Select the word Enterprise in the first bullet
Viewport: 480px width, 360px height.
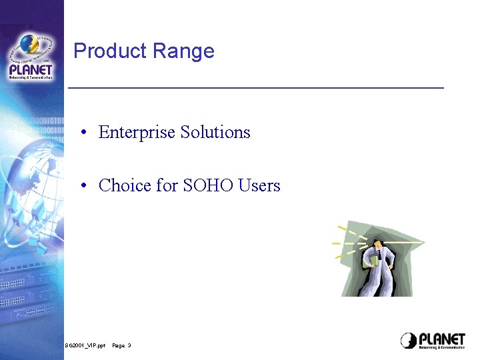[x=136, y=132]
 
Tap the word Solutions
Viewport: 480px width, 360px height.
[x=215, y=132]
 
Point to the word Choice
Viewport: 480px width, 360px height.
[x=125, y=185]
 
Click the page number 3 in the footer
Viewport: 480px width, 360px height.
[x=129, y=345]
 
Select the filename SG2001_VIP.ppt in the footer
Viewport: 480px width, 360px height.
[x=85, y=345]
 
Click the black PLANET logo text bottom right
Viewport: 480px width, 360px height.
[x=442, y=339]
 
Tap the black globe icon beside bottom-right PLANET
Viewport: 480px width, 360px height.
[x=409, y=341]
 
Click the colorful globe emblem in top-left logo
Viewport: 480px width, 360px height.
[x=29, y=45]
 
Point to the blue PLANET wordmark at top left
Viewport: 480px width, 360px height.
[x=31, y=69]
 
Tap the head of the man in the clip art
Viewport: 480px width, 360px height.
[x=378, y=245]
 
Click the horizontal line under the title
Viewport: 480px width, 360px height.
[x=256, y=87]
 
